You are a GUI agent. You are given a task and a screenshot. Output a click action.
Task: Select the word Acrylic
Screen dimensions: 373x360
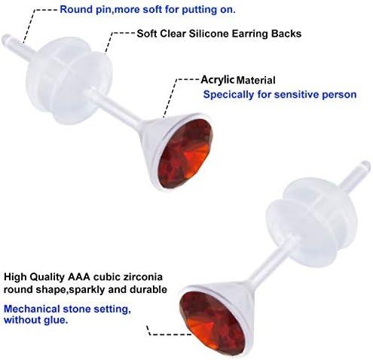tap(218, 80)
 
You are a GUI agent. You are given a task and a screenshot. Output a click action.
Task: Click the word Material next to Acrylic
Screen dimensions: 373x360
tap(256, 81)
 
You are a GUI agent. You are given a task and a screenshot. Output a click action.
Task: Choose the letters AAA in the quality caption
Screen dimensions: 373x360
tap(79, 277)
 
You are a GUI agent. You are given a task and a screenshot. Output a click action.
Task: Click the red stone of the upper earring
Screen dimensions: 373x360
tap(185, 153)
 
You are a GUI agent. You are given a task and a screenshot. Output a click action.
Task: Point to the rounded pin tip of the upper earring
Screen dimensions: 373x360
tap(6, 40)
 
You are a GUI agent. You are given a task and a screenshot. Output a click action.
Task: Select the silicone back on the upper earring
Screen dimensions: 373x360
tap(69, 81)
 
